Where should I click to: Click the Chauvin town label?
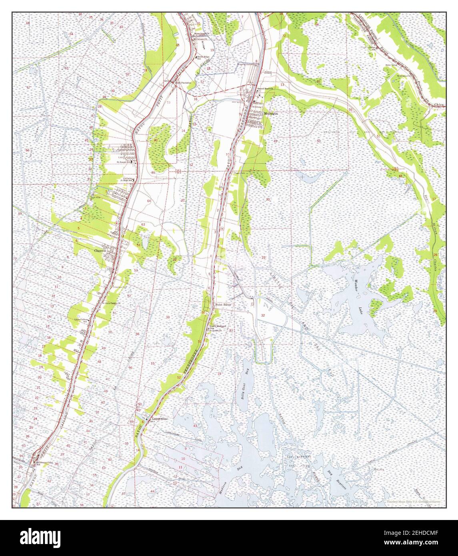pyautogui.click(x=99, y=251)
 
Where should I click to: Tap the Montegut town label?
pyautogui.click(x=270, y=114)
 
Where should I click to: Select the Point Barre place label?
pyautogui.click(x=224, y=304)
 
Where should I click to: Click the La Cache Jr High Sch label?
pyautogui.click(x=128, y=179)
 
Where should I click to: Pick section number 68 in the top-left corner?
pyautogui.click(x=28, y=24)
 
